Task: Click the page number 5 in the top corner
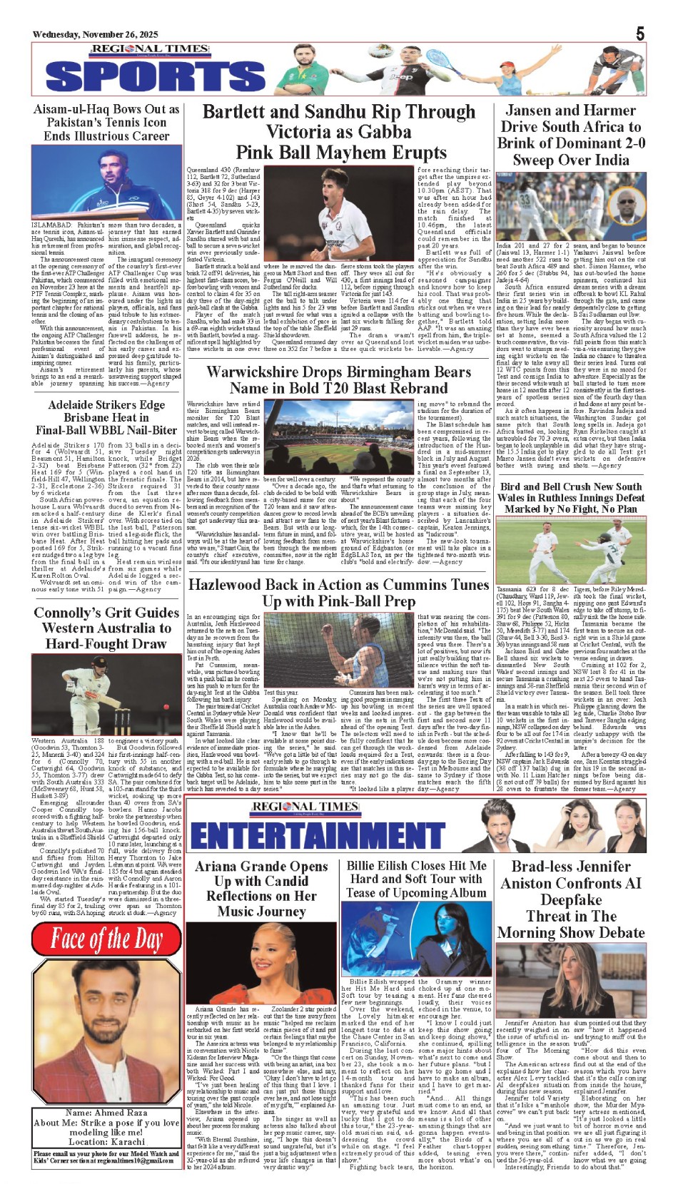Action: click(640, 33)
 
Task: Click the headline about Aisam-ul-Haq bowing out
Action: click(106, 122)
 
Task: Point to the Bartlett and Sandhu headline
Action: click(338, 132)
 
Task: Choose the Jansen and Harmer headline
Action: click(570, 135)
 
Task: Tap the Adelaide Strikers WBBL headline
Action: click(106, 417)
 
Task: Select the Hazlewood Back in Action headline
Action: click(338, 593)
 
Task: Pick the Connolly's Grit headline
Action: click(106, 628)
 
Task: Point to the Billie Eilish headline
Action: click(417, 879)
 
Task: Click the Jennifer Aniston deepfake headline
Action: click(570, 899)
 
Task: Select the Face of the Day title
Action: click(106, 940)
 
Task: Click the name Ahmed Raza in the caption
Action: click(107, 1113)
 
